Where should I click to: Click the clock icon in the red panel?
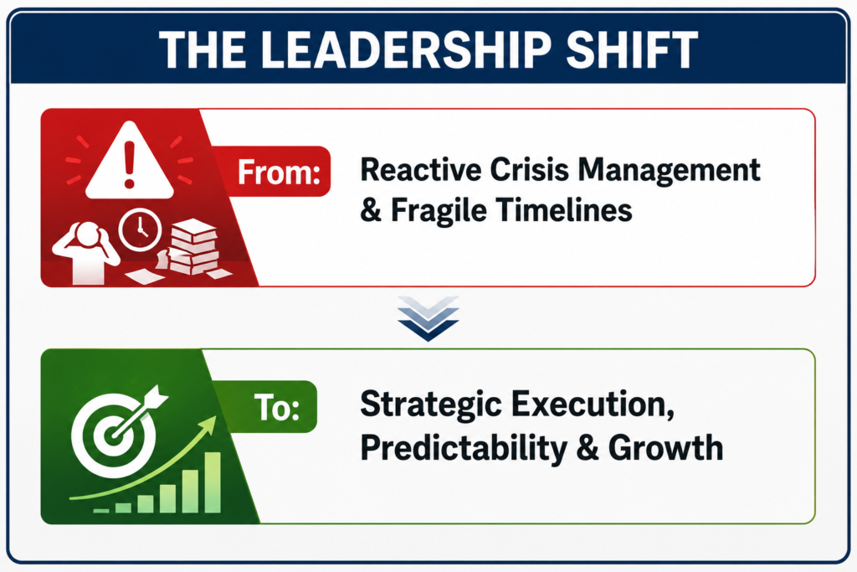tap(141, 230)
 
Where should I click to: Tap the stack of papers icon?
tap(193, 248)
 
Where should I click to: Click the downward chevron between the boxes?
tap(428, 318)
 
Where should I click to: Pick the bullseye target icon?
tap(114, 435)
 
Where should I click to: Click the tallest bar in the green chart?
tap(212, 482)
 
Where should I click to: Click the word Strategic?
tap(431, 405)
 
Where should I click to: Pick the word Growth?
tap(665, 447)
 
